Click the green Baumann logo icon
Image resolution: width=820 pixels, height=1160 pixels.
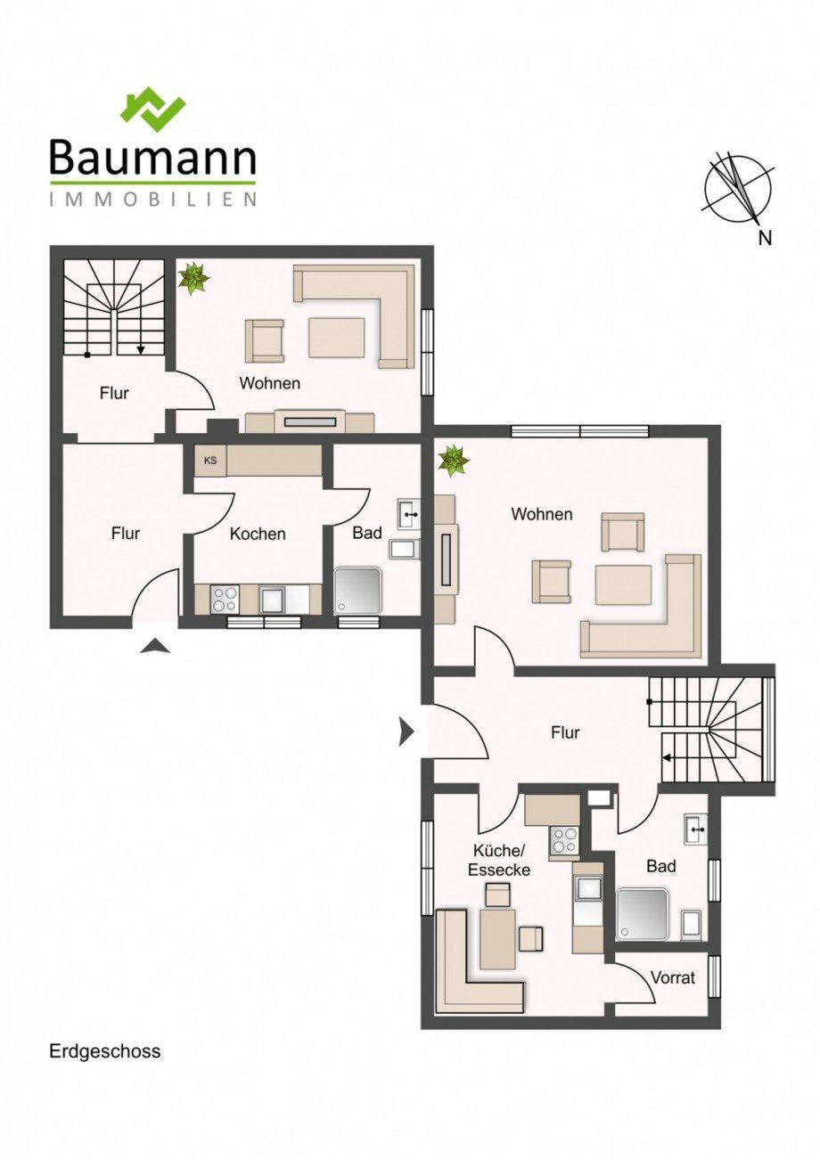(x=152, y=109)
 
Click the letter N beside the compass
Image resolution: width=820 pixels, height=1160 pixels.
(x=764, y=237)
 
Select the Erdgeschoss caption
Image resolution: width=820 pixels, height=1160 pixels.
(x=105, y=1051)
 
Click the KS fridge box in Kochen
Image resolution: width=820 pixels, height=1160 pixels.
(x=210, y=461)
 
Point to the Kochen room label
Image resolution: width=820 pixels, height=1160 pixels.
(x=258, y=534)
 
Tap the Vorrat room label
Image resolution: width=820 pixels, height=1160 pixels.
(x=672, y=977)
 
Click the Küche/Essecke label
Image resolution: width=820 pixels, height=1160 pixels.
(x=499, y=861)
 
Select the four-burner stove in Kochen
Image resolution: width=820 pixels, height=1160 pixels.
(x=225, y=599)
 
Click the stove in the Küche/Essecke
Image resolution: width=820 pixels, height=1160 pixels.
(x=564, y=840)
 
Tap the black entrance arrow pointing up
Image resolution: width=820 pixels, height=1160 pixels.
(x=155, y=646)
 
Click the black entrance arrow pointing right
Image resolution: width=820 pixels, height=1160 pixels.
(x=406, y=732)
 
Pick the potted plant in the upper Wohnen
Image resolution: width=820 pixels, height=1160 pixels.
(x=193, y=278)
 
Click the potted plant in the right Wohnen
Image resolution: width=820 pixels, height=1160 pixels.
(x=453, y=462)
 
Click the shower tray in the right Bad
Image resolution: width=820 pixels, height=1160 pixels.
(x=642, y=914)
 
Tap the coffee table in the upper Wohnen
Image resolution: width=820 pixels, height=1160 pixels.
(x=336, y=338)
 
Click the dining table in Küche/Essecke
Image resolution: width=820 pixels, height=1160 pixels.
(x=497, y=939)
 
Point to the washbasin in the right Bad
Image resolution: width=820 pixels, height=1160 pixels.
(x=695, y=829)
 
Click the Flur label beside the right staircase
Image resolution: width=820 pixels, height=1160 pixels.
(x=565, y=733)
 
